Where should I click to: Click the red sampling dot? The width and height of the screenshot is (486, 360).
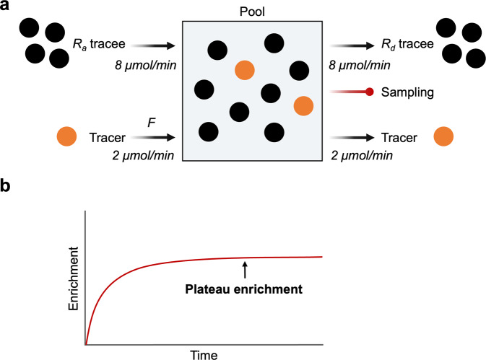(370, 92)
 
